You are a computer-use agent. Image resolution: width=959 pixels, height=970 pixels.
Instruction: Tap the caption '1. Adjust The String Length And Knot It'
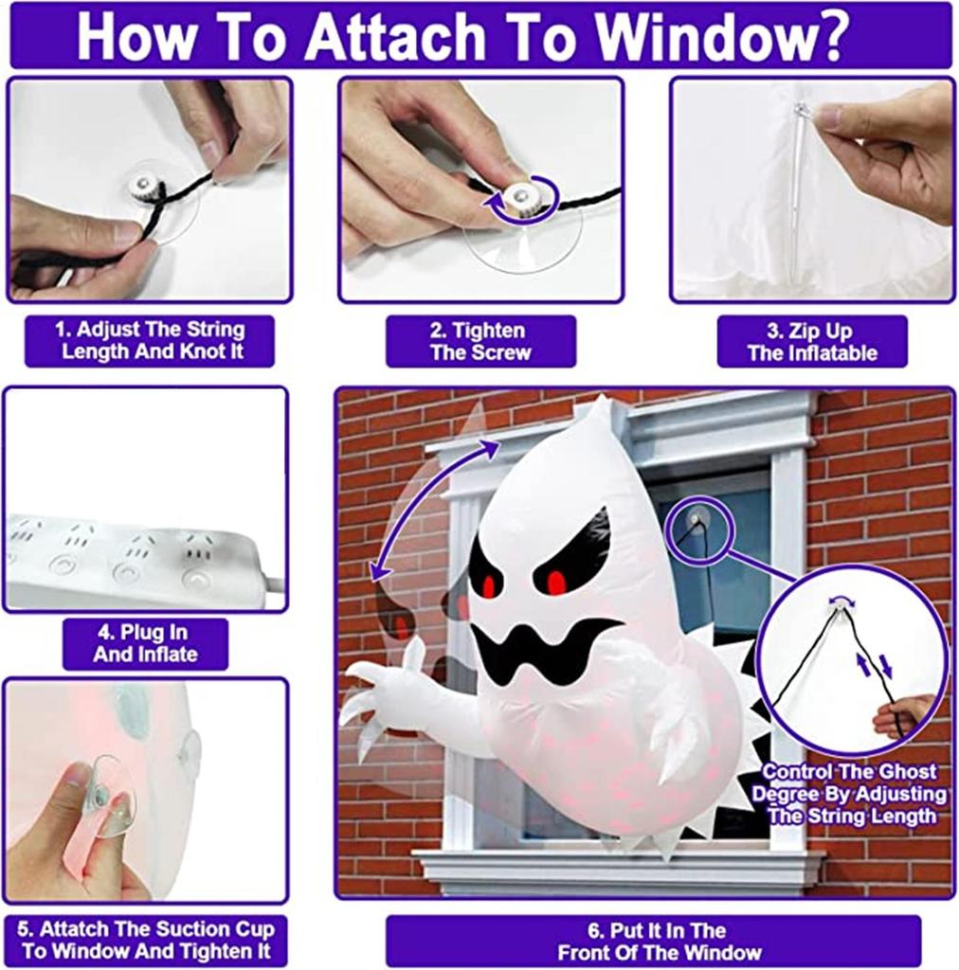point(150,341)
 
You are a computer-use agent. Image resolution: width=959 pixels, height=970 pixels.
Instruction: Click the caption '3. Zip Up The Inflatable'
point(812,343)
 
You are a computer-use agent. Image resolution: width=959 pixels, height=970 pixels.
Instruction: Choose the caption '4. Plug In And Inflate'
point(145,643)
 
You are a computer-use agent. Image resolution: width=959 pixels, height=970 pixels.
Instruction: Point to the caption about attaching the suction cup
point(146,939)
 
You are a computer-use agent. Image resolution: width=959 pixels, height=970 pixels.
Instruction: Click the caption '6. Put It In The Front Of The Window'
point(653,941)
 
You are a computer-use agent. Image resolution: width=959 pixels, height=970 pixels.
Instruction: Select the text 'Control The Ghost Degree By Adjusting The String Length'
point(848,794)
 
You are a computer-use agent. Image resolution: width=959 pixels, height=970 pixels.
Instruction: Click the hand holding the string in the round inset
point(905,715)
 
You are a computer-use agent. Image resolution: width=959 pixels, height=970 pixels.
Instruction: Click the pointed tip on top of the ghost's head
point(599,407)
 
